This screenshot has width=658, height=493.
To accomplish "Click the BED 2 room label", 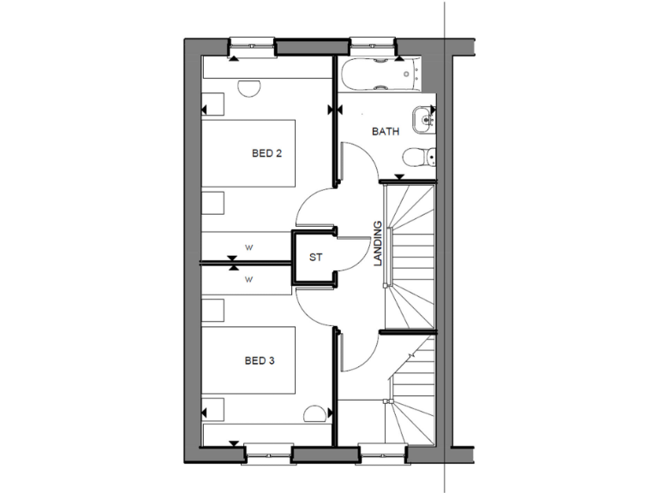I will coord(266,154).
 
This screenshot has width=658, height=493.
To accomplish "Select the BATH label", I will coord(385,132).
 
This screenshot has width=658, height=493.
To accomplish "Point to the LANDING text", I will coord(378,244).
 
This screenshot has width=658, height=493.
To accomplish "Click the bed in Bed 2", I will coord(248,155).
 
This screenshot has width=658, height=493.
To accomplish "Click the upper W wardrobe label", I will coord(249,248).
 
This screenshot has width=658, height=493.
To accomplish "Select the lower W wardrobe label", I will coord(249,279).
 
